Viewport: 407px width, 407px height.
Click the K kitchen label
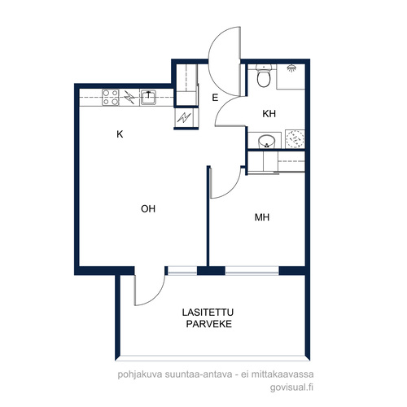pyautogui.click(x=120, y=134)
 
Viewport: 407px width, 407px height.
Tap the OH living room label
pyautogui.click(x=148, y=208)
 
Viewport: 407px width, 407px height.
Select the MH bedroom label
pyautogui.click(x=262, y=217)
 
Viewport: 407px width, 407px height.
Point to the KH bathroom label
pyautogui.click(x=269, y=114)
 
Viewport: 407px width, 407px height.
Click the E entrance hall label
pyautogui.click(x=215, y=98)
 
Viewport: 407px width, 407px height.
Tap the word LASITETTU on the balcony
pyautogui.click(x=208, y=313)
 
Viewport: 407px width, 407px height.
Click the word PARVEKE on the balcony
pyautogui.click(x=208, y=324)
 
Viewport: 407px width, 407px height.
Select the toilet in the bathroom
pyautogui.click(x=264, y=76)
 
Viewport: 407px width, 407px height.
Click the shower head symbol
pyautogui.click(x=291, y=68)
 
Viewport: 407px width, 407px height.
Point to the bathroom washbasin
pyautogui.click(x=267, y=142)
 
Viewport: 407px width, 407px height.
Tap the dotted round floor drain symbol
pyautogui.click(x=295, y=139)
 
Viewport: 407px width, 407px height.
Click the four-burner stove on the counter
pyautogui.click(x=111, y=97)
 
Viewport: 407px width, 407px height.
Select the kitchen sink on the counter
pyautogui.click(x=148, y=97)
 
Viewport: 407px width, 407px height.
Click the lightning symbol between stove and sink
pyautogui.click(x=129, y=97)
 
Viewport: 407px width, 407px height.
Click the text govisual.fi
pyautogui.click(x=291, y=387)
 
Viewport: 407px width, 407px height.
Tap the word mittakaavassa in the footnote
pyautogui.click(x=282, y=374)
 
